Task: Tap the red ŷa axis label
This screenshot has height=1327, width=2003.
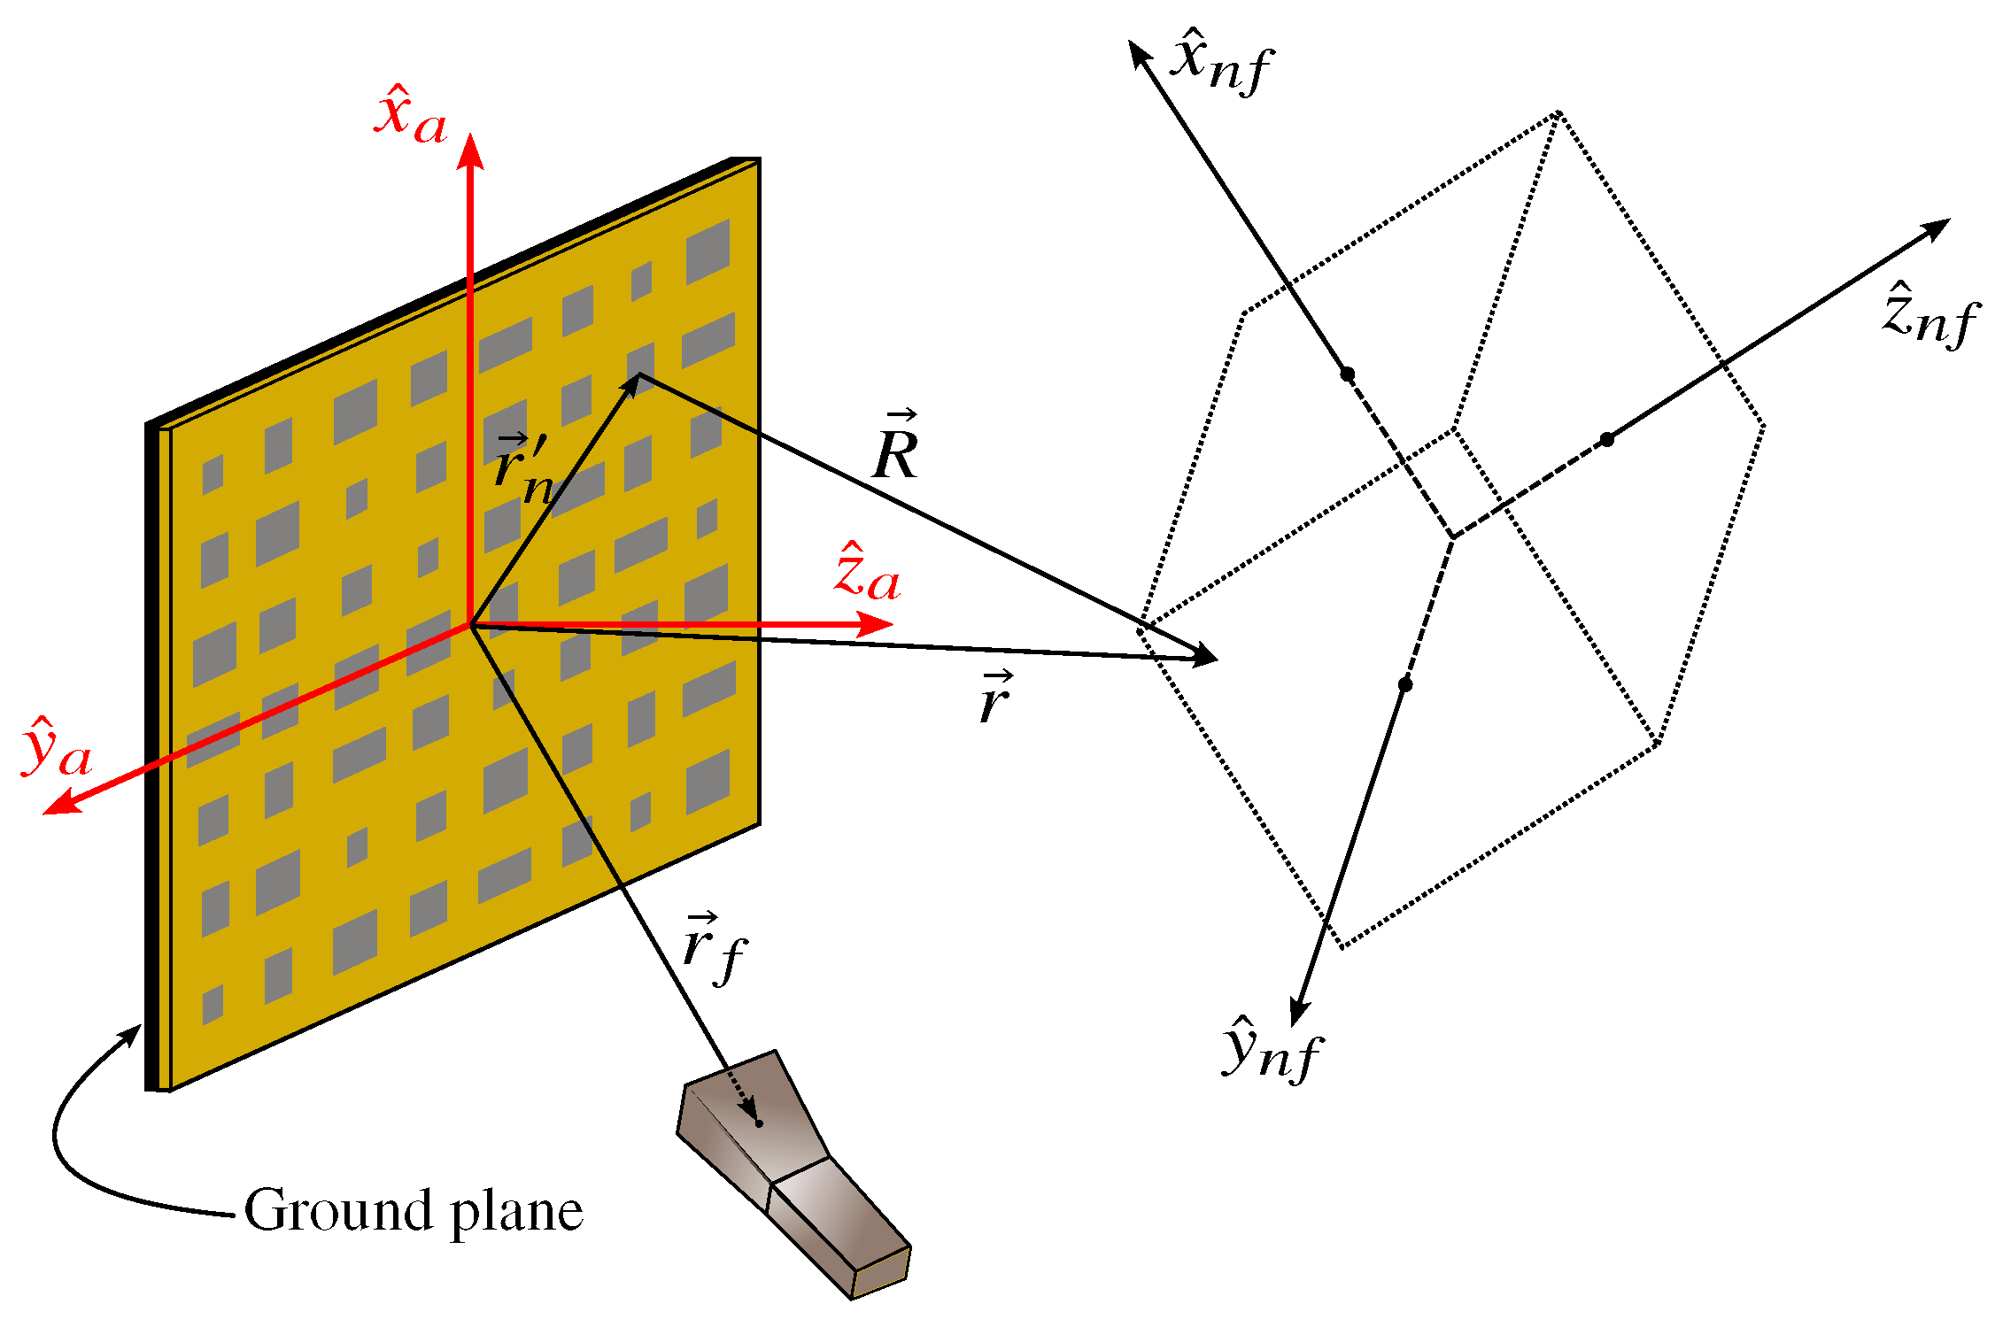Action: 57,749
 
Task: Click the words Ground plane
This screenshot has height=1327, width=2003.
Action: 414,1211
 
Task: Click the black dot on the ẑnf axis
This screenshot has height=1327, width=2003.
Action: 1607,439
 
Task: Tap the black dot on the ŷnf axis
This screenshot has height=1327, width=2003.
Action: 1405,684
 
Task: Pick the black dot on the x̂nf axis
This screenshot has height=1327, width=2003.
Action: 1348,374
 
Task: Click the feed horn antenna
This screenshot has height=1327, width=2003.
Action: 793,1169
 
